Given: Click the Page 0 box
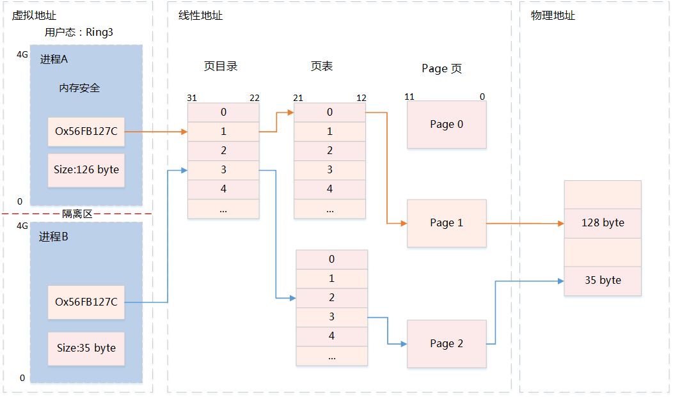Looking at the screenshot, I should (x=447, y=125).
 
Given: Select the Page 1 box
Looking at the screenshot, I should (x=447, y=223).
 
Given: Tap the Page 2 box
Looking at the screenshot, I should (x=447, y=344).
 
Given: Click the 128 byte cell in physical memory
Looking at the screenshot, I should (x=602, y=223).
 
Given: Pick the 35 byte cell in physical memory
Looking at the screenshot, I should (x=602, y=281).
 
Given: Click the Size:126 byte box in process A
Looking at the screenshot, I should (x=86, y=170).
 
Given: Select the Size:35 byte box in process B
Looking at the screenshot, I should (x=86, y=348).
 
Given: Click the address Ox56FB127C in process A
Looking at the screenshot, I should (x=86, y=132).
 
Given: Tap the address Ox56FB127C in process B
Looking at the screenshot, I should (x=86, y=302).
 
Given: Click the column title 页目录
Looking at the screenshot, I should (x=221, y=66).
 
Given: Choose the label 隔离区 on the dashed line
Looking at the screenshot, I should (x=77, y=214).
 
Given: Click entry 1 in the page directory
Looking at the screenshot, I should (x=223, y=132).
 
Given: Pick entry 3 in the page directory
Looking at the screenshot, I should (x=223, y=170).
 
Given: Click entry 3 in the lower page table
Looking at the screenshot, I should (x=331, y=317).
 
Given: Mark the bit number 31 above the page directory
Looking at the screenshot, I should (x=192, y=98).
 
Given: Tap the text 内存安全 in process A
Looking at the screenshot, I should (x=79, y=88).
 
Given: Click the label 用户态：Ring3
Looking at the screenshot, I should (x=79, y=32).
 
